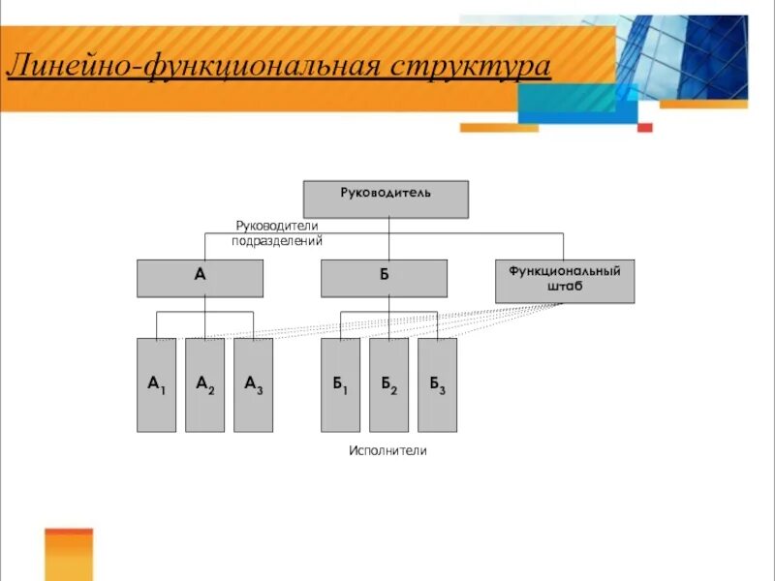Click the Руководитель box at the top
[386, 199]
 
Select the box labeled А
[200, 278]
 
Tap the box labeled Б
[384, 278]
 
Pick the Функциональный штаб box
[565, 281]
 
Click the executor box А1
[156, 384]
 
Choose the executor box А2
[204, 384]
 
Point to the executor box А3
[253, 384]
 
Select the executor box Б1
[340, 384]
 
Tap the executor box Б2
[388, 384]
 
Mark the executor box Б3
[437, 384]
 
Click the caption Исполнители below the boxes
[387, 451]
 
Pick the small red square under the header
[645, 127]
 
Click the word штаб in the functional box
[565, 288]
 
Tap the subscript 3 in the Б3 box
[443, 389]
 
